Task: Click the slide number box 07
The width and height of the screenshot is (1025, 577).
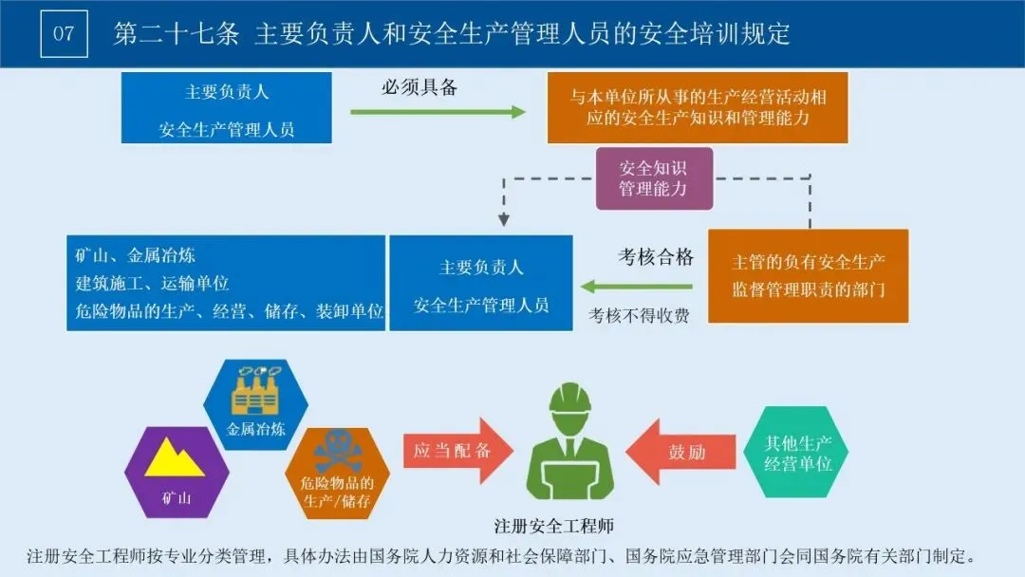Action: [x=64, y=34]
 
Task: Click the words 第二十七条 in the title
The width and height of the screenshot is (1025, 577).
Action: [x=177, y=34]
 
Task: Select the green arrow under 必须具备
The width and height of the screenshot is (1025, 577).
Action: [x=438, y=112]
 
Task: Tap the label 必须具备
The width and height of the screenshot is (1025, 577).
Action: [x=419, y=87]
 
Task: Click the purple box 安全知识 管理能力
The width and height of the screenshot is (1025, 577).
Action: [x=653, y=178]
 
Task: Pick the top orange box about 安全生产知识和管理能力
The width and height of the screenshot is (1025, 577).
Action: [x=698, y=107]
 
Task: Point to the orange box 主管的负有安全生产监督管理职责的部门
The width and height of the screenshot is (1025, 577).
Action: [x=808, y=275]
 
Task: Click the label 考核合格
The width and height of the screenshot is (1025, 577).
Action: [x=656, y=256]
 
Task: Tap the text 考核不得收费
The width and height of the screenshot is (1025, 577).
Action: [x=639, y=315]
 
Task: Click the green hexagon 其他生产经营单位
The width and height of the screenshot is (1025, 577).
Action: [x=798, y=453]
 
